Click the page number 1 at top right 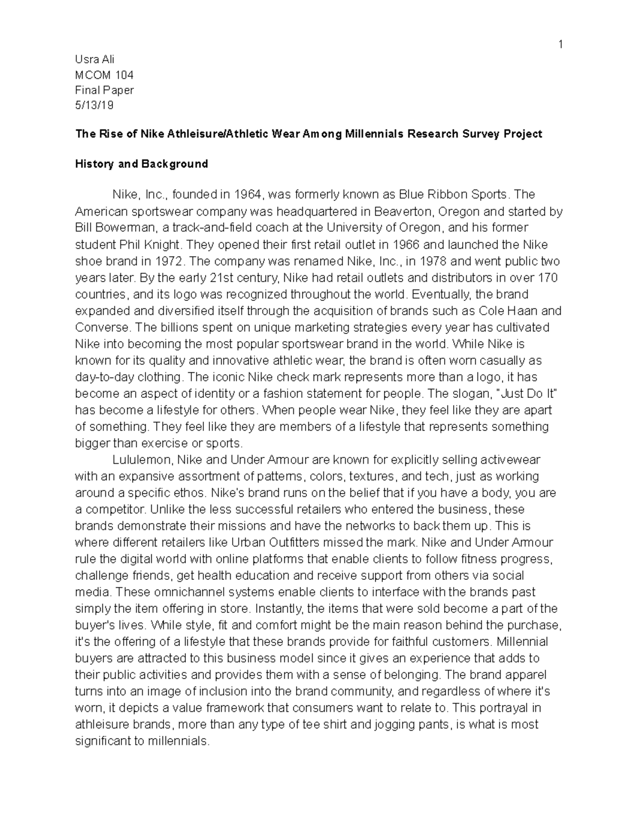point(560,45)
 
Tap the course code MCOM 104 point(104,75)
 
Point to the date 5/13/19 point(95,105)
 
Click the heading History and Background point(141,164)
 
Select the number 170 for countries point(548,278)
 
